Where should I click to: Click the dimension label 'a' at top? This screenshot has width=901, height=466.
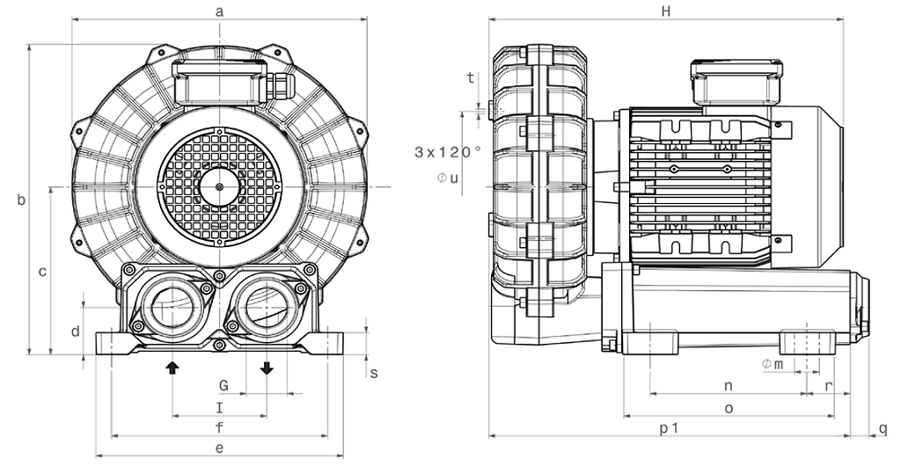click(x=220, y=11)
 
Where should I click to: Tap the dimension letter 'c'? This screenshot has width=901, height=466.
click(x=42, y=272)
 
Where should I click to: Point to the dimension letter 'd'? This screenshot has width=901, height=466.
click(x=77, y=331)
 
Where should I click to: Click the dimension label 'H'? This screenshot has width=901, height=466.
click(x=666, y=11)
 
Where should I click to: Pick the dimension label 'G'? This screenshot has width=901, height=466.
click(x=223, y=386)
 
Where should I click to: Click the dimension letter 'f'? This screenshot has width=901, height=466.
click(x=220, y=427)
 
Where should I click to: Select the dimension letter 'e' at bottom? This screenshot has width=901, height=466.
click(x=220, y=448)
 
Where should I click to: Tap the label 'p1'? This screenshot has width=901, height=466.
click(x=669, y=427)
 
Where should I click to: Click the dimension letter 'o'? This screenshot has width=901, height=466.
click(x=729, y=407)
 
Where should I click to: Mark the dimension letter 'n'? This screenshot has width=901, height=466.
click(x=729, y=386)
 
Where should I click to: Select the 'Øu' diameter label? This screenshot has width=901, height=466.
click(x=448, y=178)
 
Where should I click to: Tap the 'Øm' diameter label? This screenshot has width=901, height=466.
click(x=773, y=365)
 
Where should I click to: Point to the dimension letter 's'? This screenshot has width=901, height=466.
click(x=373, y=373)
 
